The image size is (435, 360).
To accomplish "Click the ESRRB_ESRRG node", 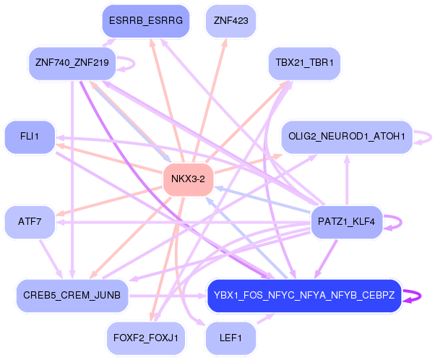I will [x=145, y=21].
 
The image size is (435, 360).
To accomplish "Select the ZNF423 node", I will [x=231, y=21].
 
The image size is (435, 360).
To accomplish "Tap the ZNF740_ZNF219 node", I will [x=71, y=63].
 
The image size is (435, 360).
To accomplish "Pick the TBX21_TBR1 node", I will [x=303, y=63].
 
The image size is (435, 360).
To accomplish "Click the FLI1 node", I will [x=28, y=136].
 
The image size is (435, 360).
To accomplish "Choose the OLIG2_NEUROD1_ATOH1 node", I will [x=346, y=136].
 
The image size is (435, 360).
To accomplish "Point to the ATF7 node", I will [x=30, y=221].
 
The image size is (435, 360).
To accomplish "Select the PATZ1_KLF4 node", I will [x=346, y=221].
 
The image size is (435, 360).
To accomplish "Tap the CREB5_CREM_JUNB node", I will [x=72, y=295].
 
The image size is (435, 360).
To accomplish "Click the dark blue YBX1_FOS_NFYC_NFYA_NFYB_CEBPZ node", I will [x=303, y=295].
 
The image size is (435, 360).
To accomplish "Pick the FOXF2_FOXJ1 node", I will [x=146, y=337].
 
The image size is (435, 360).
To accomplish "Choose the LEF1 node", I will [x=231, y=337].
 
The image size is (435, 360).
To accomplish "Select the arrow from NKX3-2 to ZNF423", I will [x=210, y=101].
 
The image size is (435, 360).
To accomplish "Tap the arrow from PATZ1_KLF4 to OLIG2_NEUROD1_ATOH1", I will [x=346, y=181].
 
